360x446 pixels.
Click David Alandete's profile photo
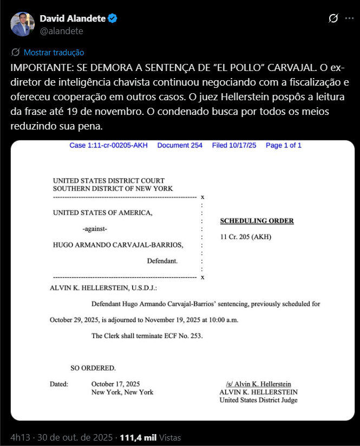coord(21,24)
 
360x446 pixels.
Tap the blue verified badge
coord(112,19)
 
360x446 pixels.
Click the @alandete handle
coord(61,31)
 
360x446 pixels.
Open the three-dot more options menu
coord(349,19)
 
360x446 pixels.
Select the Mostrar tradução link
coord(54,53)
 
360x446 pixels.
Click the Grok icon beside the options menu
coord(334,19)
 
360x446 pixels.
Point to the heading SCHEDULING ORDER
coord(257,221)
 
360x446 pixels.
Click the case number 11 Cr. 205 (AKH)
coord(246,237)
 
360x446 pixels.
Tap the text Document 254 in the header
coord(180,145)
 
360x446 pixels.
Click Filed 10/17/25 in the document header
coord(234,145)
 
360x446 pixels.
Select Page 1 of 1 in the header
coord(284,145)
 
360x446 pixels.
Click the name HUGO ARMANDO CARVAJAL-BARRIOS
coord(117,245)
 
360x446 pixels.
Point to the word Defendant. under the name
coord(162,261)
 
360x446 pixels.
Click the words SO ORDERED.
coord(93,368)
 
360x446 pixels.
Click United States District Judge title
coord(258,400)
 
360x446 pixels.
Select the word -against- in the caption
coord(99,229)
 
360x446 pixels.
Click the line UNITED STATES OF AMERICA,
coord(102,213)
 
